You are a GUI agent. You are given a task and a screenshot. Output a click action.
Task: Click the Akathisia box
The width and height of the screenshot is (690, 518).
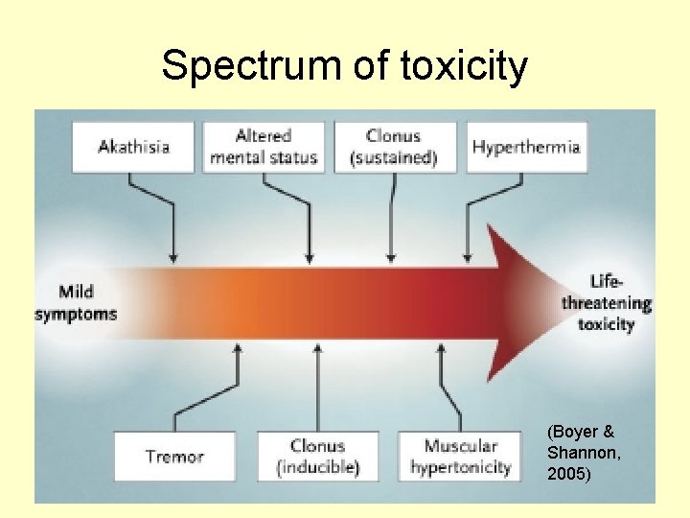click(133, 147)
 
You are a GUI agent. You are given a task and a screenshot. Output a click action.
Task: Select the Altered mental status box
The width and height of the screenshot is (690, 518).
click(263, 147)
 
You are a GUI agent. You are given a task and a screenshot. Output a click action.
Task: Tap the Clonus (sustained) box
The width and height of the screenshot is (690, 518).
click(394, 147)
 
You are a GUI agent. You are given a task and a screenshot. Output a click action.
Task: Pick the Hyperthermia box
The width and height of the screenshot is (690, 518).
click(526, 147)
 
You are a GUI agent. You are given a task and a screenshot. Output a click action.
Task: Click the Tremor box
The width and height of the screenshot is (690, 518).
click(174, 457)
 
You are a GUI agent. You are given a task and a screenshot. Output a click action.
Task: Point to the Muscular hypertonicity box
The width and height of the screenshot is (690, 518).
click(460, 457)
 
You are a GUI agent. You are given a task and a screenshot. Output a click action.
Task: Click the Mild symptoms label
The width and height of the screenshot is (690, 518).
click(76, 302)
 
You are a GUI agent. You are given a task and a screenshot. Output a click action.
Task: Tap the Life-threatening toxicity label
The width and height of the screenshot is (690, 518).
click(607, 302)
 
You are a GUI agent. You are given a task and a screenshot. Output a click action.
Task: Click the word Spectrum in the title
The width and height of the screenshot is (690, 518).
click(225, 66)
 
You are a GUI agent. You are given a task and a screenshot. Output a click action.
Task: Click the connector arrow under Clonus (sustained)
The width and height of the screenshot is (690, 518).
click(390, 221)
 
